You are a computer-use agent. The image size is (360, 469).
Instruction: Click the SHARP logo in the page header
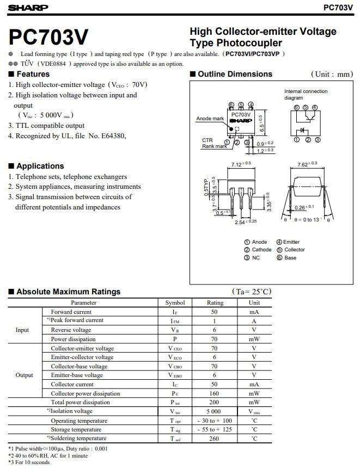(28, 8)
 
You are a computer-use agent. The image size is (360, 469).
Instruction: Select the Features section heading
(33, 74)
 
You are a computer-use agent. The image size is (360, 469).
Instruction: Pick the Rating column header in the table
(215, 303)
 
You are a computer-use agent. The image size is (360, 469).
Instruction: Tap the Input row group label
(22, 330)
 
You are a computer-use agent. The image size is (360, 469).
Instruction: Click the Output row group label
(24, 375)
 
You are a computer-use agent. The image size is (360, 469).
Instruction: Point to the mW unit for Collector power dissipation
(254, 393)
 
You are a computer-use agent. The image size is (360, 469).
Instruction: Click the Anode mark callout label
(210, 119)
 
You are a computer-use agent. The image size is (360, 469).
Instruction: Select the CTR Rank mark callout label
(213, 143)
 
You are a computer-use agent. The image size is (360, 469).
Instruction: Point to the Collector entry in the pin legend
(294, 250)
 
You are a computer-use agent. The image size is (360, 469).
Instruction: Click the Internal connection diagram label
(306, 95)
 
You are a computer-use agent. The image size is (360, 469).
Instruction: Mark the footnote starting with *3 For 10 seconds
(29, 462)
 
